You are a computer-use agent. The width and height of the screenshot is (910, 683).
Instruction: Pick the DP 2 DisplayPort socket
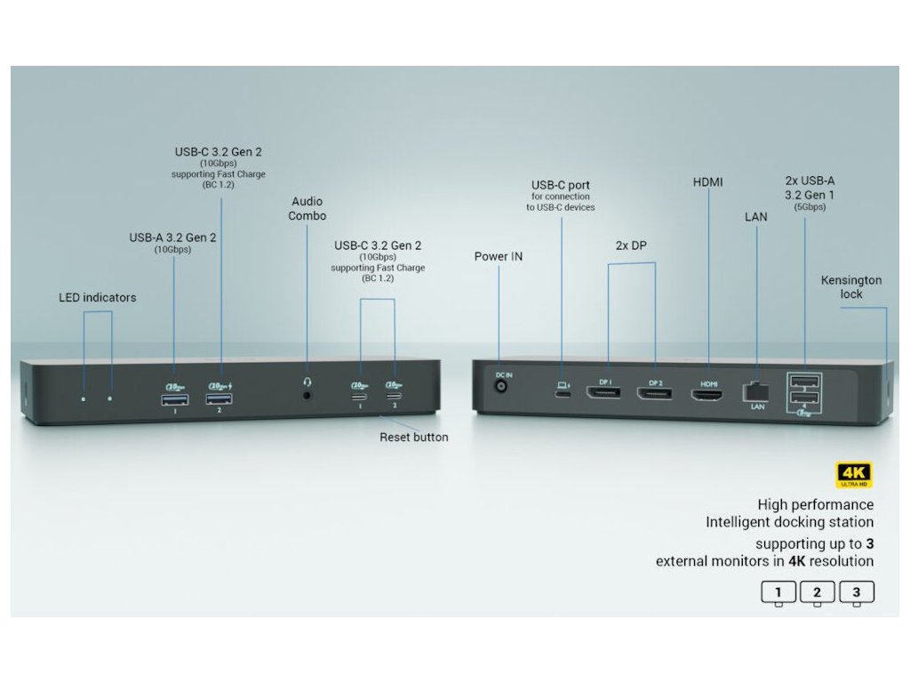tap(656, 392)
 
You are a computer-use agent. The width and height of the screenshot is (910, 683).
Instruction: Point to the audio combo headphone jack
tap(307, 393)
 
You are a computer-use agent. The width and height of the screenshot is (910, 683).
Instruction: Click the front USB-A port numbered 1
tap(174, 399)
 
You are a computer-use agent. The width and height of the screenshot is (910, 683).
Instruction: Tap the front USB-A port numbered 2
tap(219, 399)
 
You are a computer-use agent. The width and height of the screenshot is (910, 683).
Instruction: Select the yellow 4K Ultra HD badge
tap(855, 475)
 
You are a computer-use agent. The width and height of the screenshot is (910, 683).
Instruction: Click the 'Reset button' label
tap(413, 438)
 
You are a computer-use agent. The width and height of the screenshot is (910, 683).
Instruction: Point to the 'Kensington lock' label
tap(850, 286)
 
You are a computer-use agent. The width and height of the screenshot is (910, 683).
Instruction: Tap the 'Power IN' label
tap(499, 257)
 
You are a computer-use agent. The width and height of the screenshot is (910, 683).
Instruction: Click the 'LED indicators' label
tap(98, 298)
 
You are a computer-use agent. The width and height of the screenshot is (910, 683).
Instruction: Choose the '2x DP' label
tap(631, 245)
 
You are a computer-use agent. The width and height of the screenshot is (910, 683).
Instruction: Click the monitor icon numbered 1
tap(778, 593)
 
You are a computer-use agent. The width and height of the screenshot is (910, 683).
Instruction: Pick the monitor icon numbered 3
tap(856, 593)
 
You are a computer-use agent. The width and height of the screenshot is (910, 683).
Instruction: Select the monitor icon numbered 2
tap(817, 593)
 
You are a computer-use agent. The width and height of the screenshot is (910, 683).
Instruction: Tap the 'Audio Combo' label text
tap(307, 209)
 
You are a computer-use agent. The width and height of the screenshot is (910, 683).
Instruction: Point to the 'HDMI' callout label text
tap(708, 182)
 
